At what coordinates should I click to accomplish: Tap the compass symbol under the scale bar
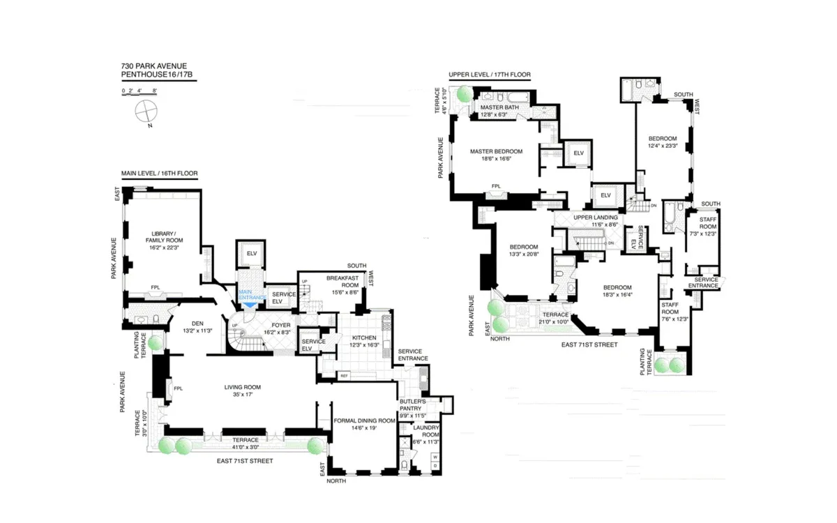coord(147,110)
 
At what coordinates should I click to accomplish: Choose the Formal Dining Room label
coord(365,420)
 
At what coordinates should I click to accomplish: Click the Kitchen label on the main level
coord(364,338)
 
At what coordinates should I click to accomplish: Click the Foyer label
coord(281,324)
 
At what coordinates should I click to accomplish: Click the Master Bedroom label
coord(496,151)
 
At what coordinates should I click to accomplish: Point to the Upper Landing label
coord(592,218)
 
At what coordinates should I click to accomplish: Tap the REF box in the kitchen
coord(344,376)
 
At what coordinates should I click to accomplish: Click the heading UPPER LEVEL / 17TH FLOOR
coord(490,74)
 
